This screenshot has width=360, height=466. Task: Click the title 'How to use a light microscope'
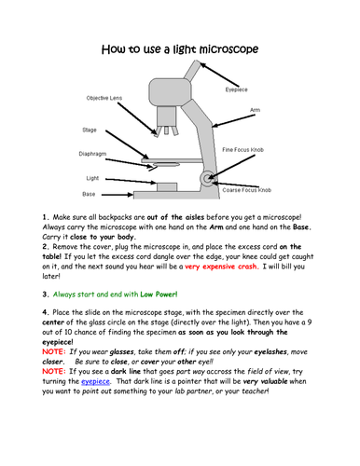coord(180,49)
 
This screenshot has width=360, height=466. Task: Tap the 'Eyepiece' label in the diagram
coord(236,89)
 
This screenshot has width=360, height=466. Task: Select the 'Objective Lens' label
coord(104,98)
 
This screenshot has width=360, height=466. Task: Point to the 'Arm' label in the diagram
coord(255,110)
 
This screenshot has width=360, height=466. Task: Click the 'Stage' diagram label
coord(90,130)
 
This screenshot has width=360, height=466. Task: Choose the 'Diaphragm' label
coord(92,154)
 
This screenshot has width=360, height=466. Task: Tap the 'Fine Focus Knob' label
coord(242,150)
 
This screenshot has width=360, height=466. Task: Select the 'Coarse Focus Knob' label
coord(247,190)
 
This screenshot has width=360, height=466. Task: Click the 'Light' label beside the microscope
coord(92,178)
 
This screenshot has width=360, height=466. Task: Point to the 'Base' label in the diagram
coord(89,194)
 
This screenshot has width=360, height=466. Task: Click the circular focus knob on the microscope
coord(207,179)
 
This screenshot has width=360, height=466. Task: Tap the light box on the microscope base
coord(167,187)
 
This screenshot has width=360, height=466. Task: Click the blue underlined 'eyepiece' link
coord(95,381)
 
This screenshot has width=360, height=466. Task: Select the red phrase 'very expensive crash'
coord(222,267)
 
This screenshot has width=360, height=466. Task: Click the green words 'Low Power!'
coord(159,295)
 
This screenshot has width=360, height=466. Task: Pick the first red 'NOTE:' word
coord(54,351)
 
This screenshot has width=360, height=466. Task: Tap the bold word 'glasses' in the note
coord(122,352)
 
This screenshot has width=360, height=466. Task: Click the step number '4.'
coord(46,312)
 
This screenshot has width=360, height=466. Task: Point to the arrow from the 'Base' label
coord(118,195)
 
